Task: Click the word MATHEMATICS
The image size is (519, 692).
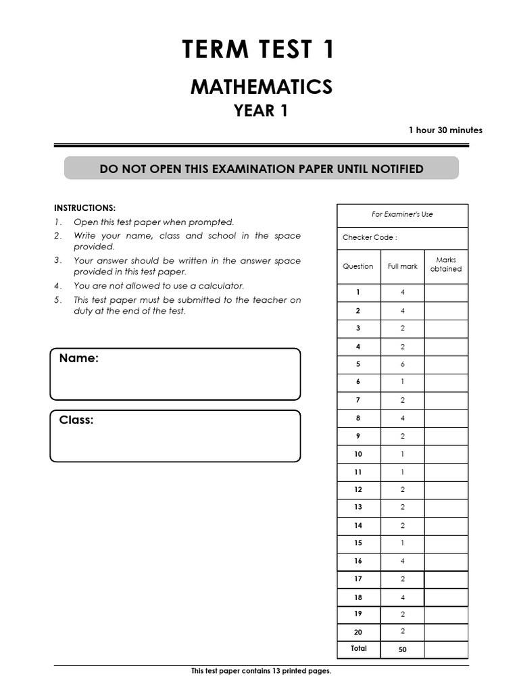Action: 261,87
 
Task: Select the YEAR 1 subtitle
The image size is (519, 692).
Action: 261,112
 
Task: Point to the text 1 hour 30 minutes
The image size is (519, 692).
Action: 445,130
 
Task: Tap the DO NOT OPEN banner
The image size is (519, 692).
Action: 261,169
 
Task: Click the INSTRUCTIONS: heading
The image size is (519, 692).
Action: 84,207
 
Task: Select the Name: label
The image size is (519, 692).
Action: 79,358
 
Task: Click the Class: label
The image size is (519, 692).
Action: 76,420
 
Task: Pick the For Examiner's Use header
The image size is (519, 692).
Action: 402,214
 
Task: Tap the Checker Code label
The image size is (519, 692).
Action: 370,237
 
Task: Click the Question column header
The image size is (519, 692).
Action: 358,266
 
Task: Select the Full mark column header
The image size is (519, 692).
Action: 402,266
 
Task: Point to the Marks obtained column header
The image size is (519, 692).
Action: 446,264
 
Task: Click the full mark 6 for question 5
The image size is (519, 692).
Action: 402,364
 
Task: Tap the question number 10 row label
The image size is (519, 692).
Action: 358,454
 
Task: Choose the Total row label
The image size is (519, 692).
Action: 359,649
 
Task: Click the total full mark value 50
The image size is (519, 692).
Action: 402,649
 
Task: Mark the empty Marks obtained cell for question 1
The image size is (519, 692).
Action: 446,293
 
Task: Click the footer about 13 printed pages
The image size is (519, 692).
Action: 261,671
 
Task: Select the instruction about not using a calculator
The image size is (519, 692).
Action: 159,286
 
